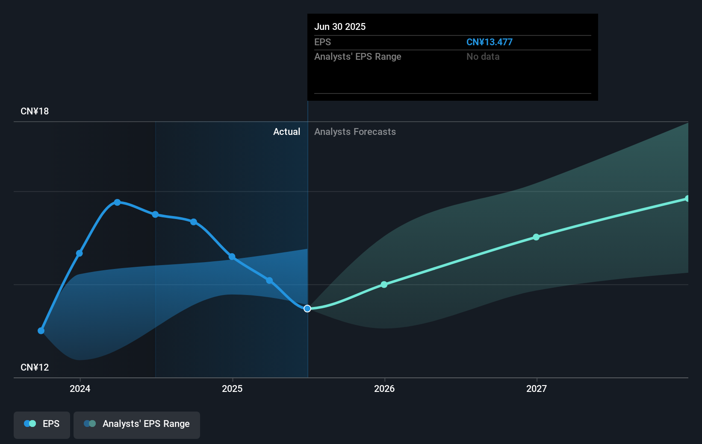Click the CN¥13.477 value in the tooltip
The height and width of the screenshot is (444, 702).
(489, 42)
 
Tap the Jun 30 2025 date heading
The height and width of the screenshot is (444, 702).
(340, 26)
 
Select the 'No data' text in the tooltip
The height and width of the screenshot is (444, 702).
(483, 56)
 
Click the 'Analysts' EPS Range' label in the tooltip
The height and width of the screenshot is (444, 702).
(357, 56)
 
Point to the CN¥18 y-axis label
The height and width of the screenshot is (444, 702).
(35, 111)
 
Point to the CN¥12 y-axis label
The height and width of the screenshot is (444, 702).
(35, 367)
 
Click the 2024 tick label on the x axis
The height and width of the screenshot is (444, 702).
(80, 388)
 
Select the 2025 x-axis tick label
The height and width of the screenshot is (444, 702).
(232, 388)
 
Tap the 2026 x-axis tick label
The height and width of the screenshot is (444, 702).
(384, 388)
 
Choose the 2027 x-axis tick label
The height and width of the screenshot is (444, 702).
(537, 388)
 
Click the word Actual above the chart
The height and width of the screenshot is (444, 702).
(286, 131)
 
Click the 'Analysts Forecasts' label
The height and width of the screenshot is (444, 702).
(355, 131)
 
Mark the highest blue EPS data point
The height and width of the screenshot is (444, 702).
(118, 202)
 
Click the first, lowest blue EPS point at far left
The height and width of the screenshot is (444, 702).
(41, 331)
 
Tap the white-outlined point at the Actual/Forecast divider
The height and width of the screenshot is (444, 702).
(307, 309)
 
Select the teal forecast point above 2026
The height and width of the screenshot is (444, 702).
(384, 284)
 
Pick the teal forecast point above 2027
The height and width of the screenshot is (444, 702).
(536, 237)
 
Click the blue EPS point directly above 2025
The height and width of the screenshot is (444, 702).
(232, 257)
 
